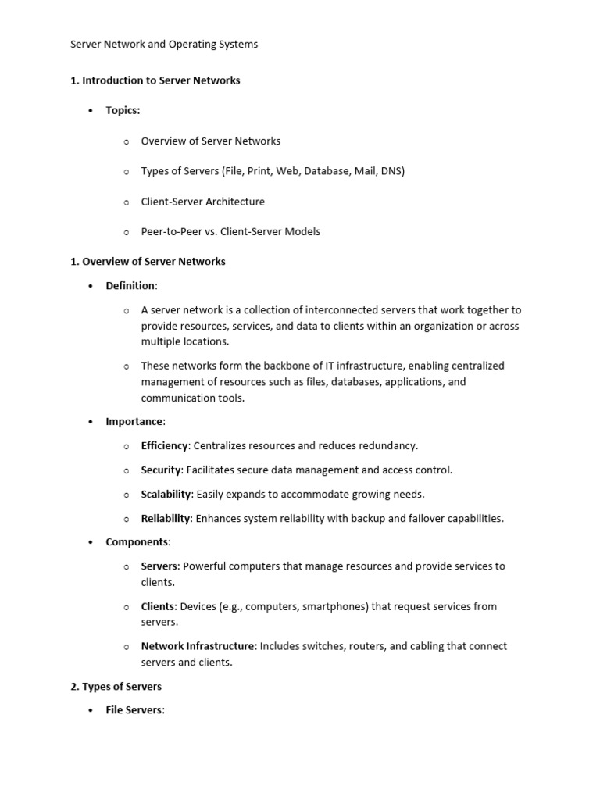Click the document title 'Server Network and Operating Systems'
[164, 45]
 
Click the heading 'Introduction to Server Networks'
[161, 80]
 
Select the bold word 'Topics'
[122, 111]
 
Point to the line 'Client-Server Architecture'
[202, 202]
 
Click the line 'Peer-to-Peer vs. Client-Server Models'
[230, 232]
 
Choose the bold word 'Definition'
[130, 286]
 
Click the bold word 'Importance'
[134, 422]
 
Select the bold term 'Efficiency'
[164, 446]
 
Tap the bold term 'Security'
[161, 470]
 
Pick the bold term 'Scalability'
[166, 495]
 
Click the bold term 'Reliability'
[166, 519]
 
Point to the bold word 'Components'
[137, 542]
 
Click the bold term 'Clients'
[158, 606]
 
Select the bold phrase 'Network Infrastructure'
[198, 646]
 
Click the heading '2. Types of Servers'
[116, 687]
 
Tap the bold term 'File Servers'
[134, 711]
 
